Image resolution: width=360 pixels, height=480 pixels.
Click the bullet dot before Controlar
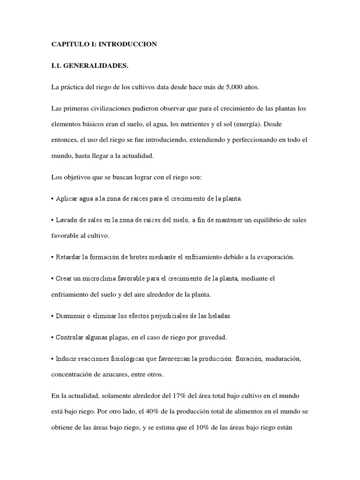[52, 337]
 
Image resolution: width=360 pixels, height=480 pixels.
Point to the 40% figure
[155, 412]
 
